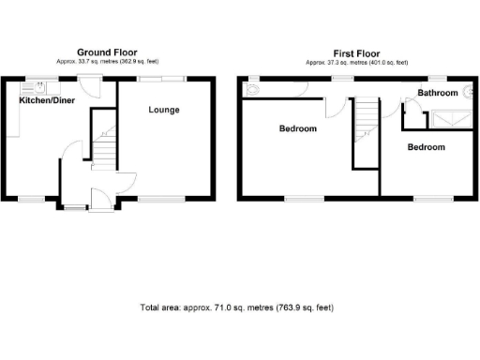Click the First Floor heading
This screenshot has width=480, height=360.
tap(356, 53)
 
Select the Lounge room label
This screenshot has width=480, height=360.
tap(164, 111)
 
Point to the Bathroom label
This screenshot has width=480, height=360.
tap(438, 93)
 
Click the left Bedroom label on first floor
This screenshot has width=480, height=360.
tap(298, 128)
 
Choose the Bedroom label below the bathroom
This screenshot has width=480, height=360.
tap(426, 147)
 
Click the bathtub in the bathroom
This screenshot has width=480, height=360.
tap(451, 118)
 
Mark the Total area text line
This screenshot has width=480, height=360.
tap(236, 307)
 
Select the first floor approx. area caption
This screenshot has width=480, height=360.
tap(356, 62)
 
